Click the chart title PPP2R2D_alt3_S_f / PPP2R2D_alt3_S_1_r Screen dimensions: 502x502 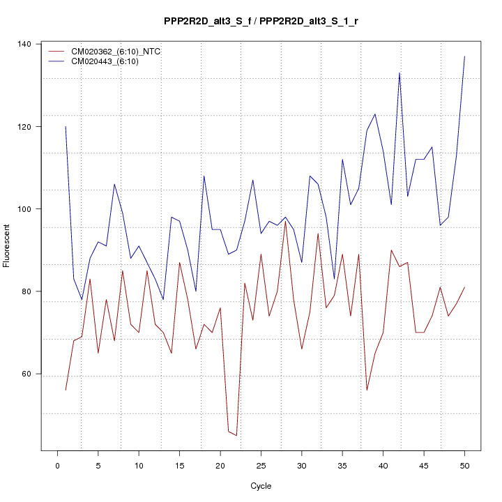coord(261,22)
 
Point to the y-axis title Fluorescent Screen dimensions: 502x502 coord(8,245)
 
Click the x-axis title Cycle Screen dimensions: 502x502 coord(261,486)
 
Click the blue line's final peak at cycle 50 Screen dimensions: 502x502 coord(464,56)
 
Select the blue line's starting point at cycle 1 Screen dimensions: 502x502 coord(66,127)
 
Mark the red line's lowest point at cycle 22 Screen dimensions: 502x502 coord(236,436)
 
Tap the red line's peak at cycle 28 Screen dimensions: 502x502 coord(285,222)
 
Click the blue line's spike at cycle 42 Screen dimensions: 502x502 coord(400,73)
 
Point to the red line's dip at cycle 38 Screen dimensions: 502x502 coord(367,390)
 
